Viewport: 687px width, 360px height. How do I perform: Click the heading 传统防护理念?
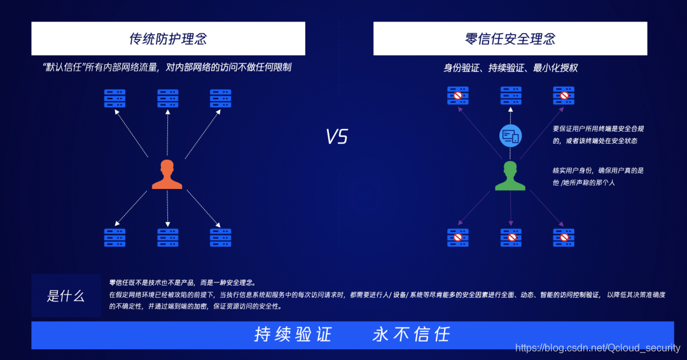[168, 39]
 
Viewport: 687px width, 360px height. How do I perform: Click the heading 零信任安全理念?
[510, 39]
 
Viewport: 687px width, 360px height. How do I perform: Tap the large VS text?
[337, 137]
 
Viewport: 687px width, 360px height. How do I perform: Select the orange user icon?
[167, 175]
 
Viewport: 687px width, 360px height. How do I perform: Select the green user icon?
[510, 176]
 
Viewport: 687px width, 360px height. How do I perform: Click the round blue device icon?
[510, 135]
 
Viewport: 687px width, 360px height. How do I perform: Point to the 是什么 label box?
[66, 296]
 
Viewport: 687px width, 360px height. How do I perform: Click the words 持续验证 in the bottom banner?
[293, 335]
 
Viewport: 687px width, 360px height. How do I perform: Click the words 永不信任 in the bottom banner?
[411, 335]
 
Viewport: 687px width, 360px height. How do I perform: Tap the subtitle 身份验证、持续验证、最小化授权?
[510, 67]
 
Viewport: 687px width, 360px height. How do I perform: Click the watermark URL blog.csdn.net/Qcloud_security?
[597, 348]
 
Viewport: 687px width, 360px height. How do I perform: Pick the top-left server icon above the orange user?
[114, 98]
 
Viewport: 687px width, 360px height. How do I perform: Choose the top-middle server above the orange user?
[167, 98]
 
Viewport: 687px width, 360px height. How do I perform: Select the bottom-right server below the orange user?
[220, 237]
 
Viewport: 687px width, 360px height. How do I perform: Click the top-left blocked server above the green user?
[457, 95]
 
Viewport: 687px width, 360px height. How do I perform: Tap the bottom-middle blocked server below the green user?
[511, 237]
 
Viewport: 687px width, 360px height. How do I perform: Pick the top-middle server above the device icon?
[511, 95]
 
